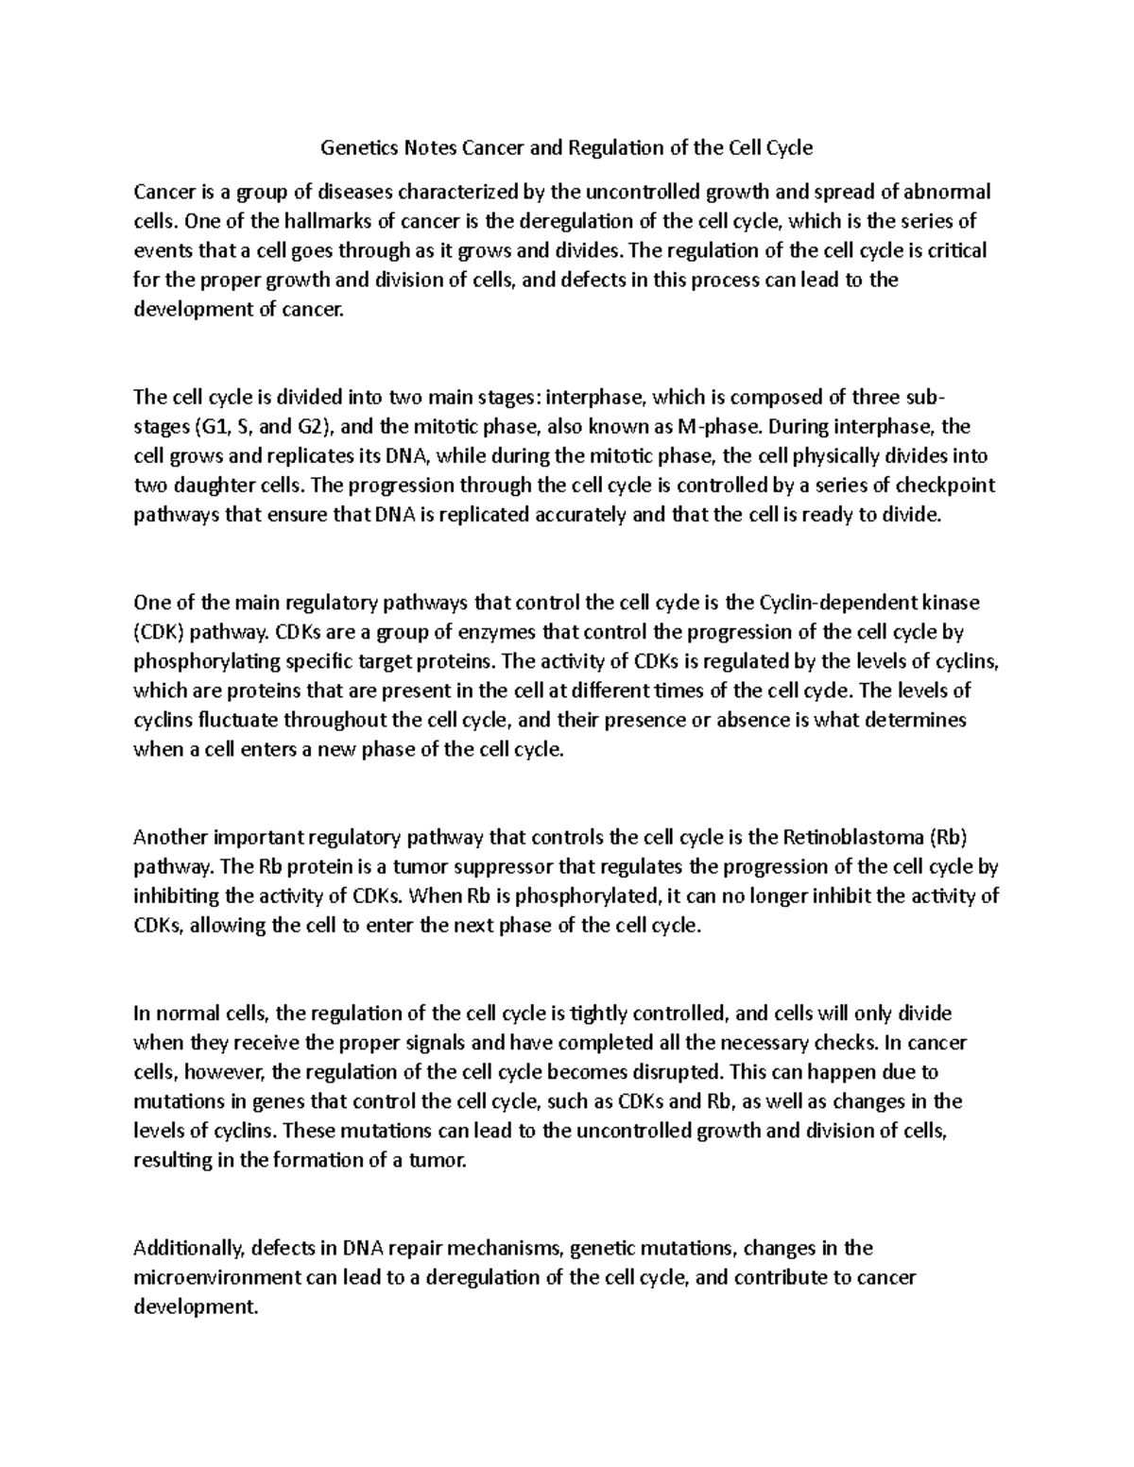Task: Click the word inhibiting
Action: pyautogui.click(x=177, y=896)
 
